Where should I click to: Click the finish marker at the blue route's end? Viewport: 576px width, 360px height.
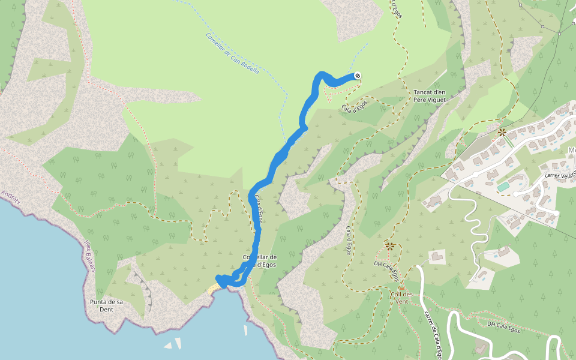357,76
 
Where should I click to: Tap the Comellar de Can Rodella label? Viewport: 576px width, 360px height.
232,53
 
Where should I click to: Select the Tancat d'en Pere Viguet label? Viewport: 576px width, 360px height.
430,96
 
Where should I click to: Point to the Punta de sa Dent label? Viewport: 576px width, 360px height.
106,305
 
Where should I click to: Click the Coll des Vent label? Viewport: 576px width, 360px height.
400,298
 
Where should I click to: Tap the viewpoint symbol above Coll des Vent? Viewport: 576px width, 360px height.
390,245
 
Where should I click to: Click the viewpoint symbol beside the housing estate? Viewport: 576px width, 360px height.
502,131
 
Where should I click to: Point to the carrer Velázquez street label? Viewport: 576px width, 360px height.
559,175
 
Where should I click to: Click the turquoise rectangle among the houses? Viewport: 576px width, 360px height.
503,187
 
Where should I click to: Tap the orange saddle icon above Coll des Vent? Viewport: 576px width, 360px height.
401,288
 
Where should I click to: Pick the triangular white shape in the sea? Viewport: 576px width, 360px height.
168,346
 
